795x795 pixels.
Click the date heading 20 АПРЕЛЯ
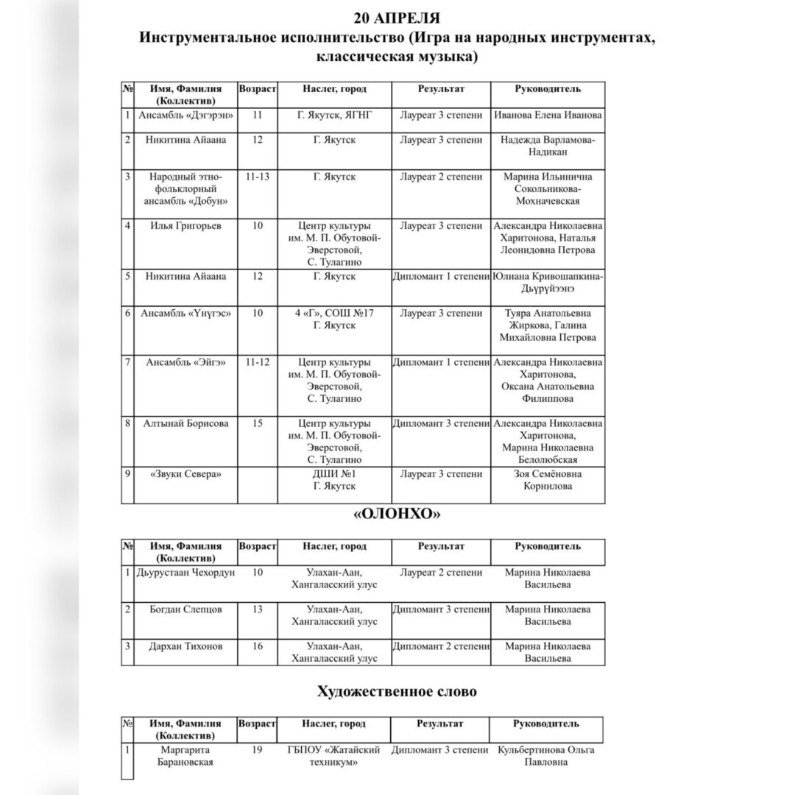pyautogui.click(x=398, y=17)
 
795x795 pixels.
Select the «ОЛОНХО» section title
pyautogui.click(x=397, y=515)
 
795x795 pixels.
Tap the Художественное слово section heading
pyautogui.click(x=397, y=691)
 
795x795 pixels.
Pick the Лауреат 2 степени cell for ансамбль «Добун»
pyautogui.click(x=440, y=177)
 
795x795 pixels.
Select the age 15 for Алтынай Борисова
pyautogui.click(x=258, y=423)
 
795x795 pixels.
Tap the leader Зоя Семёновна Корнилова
pyautogui.click(x=548, y=480)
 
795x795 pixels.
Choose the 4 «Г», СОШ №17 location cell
pyautogui.click(x=335, y=319)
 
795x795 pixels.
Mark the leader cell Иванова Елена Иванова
pyautogui.click(x=548, y=116)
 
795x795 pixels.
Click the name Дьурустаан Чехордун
pyautogui.click(x=185, y=573)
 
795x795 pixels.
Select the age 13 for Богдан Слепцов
pyautogui.click(x=258, y=609)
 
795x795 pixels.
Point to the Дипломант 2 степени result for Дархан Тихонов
pyautogui.click(x=440, y=646)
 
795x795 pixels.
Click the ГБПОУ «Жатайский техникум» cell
pyautogui.click(x=335, y=756)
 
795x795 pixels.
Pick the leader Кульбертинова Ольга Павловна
pyautogui.click(x=546, y=756)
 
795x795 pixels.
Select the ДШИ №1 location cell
pyautogui.click(x=335, y=480)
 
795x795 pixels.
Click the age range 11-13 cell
pyautogui.click(x=258, y=177)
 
